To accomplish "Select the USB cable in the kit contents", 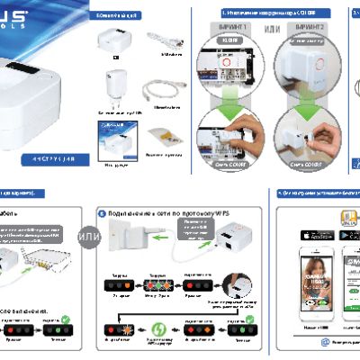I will [x=165, y=41].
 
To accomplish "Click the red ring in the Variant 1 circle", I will [x=229, y=59].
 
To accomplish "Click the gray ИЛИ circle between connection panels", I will [x=89, y=237].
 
